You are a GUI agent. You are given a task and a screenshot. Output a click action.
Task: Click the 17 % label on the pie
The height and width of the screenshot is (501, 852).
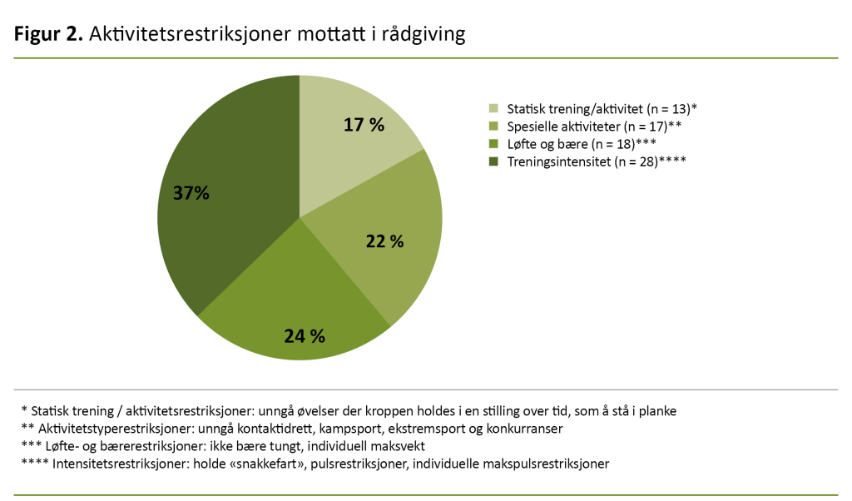[x=364, y=125]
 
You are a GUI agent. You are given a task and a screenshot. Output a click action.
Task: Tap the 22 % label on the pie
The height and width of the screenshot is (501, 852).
[x=384, y=241]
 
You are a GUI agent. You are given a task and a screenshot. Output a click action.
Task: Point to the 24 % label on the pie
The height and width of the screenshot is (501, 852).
[x=305, y=336]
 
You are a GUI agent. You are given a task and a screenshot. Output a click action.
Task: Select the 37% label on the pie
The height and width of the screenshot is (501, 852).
[x=191, y=193]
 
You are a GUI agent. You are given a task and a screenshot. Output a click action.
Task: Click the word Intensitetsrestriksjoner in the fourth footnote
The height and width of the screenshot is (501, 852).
[x=121, y=464]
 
